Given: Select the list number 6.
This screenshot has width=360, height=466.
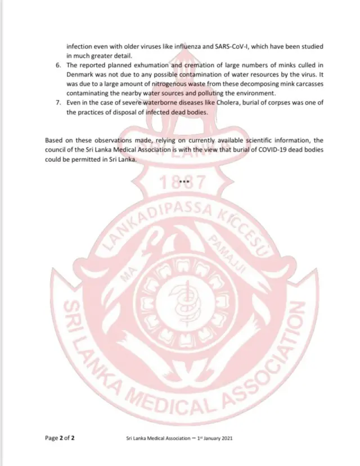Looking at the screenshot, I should click(59, 65).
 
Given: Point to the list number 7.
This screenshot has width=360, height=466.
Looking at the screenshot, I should click(59, 103).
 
